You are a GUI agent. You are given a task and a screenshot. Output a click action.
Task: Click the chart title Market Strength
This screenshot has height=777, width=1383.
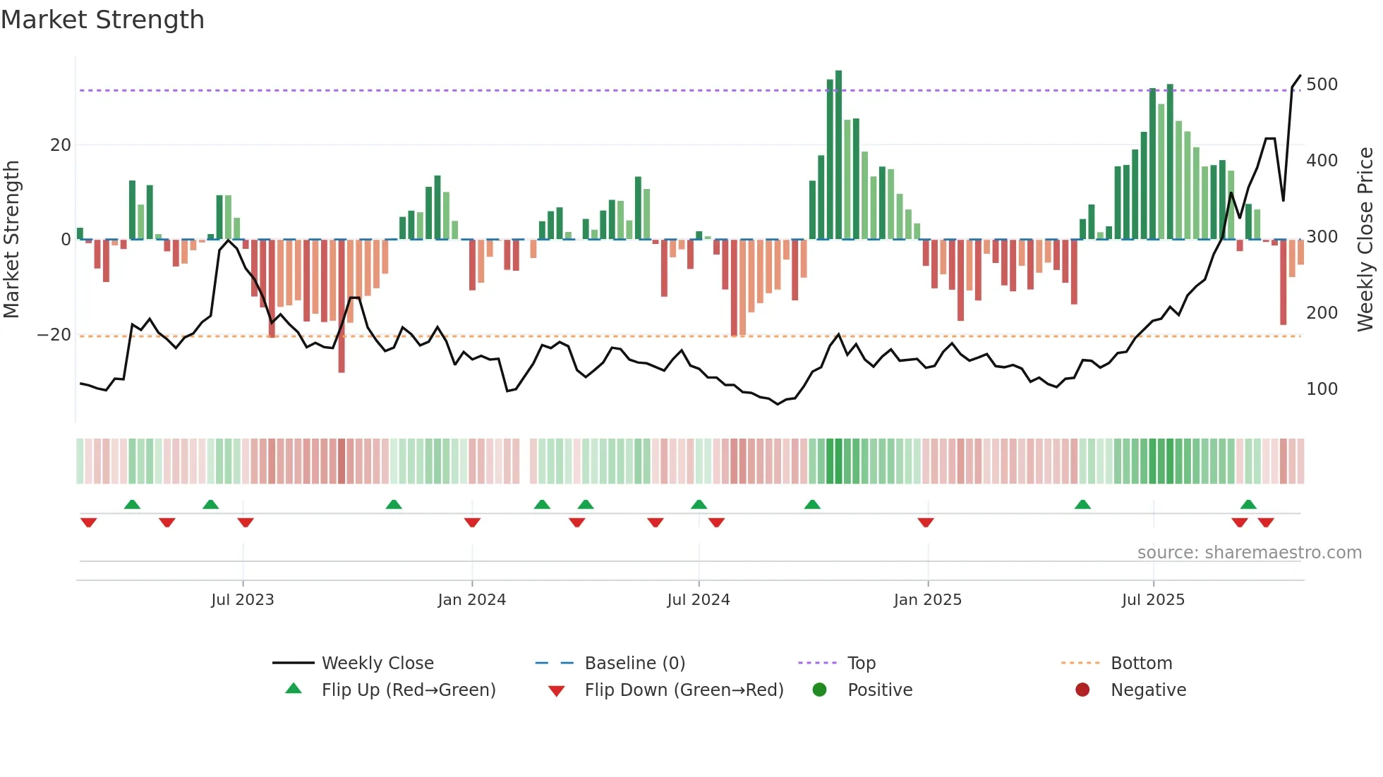click(x=102, y=20)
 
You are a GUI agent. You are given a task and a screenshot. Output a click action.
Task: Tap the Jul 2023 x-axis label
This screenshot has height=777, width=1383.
click(x=242, y=600)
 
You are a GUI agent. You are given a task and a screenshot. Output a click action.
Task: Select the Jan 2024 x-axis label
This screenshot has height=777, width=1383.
click(x=471, y=600)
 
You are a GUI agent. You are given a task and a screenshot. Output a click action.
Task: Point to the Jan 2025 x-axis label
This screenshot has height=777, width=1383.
click(x=927, y=600)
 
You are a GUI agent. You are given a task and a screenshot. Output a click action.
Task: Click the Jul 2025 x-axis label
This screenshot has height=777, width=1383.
click(x=1153, y=600)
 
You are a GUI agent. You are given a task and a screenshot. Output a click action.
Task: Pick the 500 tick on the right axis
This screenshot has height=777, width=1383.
click(x=1322, y=85)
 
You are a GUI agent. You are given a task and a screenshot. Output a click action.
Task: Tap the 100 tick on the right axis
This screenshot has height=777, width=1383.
click(x=1322, y=389)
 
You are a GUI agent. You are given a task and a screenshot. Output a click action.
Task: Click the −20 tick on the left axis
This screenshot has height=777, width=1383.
click(x=54, y=335)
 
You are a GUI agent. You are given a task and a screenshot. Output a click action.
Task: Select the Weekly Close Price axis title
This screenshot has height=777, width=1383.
click(x=1365, y=240)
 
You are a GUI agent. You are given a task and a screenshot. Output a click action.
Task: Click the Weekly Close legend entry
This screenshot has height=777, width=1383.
click(x=377, y=663)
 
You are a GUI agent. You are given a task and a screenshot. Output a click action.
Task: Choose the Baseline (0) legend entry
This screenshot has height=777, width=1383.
click(x=634, y=663)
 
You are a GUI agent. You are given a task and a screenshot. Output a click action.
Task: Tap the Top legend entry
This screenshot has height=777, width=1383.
click(x=861, y=663)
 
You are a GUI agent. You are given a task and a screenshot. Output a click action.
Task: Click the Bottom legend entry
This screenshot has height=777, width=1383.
click(x=1141, y=663)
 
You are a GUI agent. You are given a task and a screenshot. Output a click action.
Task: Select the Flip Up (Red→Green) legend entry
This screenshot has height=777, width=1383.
click(x=408, y=690)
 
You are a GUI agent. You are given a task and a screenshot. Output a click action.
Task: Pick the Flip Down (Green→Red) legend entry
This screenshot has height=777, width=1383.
click(x=683, y=690)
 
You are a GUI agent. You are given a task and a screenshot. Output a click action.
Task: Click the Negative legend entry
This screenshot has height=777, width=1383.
click(x=1147, y=690)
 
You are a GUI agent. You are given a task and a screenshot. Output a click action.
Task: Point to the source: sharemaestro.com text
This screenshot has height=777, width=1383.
click(x=1249, y=553)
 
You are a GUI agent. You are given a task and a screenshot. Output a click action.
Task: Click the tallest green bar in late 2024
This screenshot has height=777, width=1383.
click(x=838, y=155)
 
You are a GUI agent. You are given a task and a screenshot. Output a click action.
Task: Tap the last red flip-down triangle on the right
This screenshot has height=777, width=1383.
click(x=1266, y=522)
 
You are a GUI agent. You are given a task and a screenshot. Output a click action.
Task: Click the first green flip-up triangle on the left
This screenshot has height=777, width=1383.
click(x=132, y=504)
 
